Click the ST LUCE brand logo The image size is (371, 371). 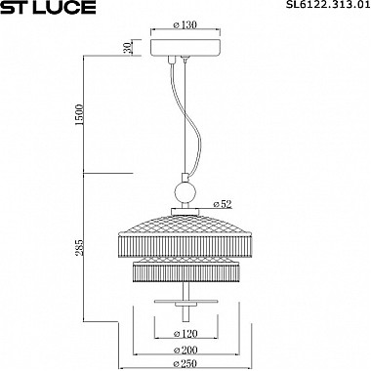[x=48, y=7]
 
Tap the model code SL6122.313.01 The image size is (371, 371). [x=328, y=5]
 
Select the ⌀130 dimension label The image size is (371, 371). [x=185, y=24]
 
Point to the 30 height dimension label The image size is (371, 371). [x=129, y=48]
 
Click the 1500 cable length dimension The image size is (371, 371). [x=79, y=115]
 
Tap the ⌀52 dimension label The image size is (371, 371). [x=223, y=204]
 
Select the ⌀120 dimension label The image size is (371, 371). [x=185, y=334]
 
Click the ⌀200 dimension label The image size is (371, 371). [x=185, y=350]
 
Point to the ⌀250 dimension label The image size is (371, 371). [x=185, y=363]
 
